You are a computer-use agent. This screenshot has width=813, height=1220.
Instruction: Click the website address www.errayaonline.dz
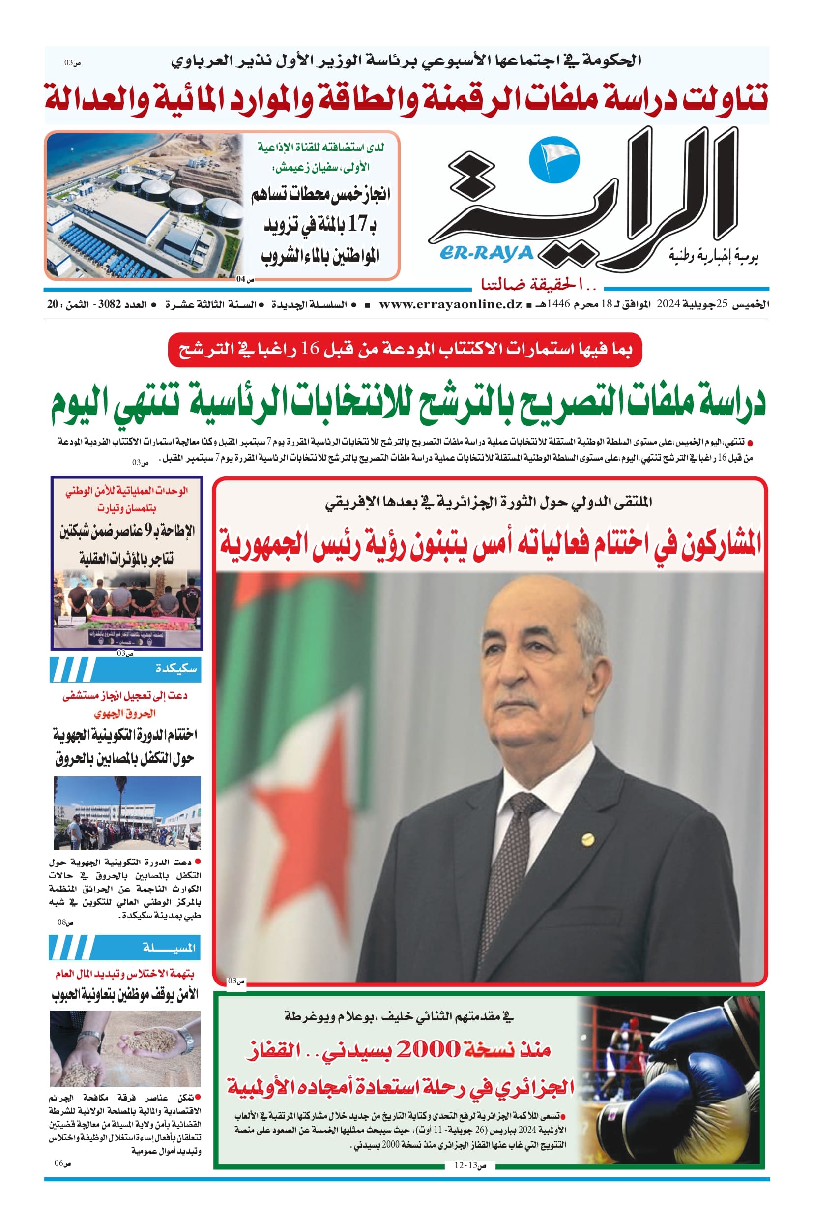point(450,304)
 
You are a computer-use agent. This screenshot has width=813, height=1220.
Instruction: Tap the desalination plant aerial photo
point(145,206)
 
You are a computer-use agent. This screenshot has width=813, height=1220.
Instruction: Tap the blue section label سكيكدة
point(176,669)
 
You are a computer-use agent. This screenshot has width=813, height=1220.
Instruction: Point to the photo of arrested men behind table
point(126,607)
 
